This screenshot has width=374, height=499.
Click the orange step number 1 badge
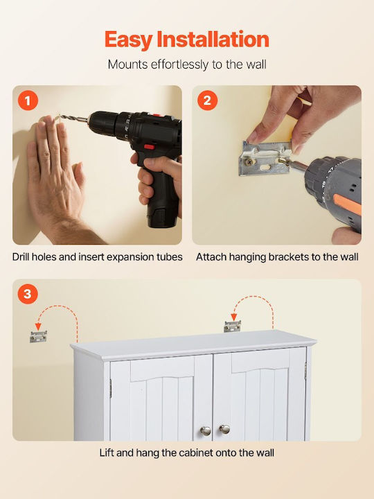pyautogui.click(x=28, y=100)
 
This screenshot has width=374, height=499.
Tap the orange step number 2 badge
pyautogui.click(x=207, y=100)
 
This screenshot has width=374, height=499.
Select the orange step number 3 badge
pyautogui.click(x=28, y=294)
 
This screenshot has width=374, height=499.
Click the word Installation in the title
pyautogui.click(x=213, y=40)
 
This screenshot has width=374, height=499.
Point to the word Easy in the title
pyautogui.click(x=129, y=40)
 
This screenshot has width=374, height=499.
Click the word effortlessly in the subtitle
pyautogui.click(x=180, y=64)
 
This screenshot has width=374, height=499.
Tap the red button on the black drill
pyautogui.click(x=149, y=147)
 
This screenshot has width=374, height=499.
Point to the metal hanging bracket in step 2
pyautogui.click(x=265, y=158)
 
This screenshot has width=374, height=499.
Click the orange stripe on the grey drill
pyautogui.click(x=348, y=204)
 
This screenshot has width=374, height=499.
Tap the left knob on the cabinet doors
pyautogui.click(x=206, y=431)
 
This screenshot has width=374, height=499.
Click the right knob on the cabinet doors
pyautogui.click(x=224, y=429)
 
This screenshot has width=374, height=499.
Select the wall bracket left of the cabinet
pyautogui.click(x=39, y=337)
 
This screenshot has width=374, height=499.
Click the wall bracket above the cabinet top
pyautogui.click(x=232, y=326)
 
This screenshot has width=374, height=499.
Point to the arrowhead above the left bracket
pyautogui.click(x=38, y=327)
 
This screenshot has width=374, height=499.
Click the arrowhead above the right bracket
pyautogui.click(x=234, y=317)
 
